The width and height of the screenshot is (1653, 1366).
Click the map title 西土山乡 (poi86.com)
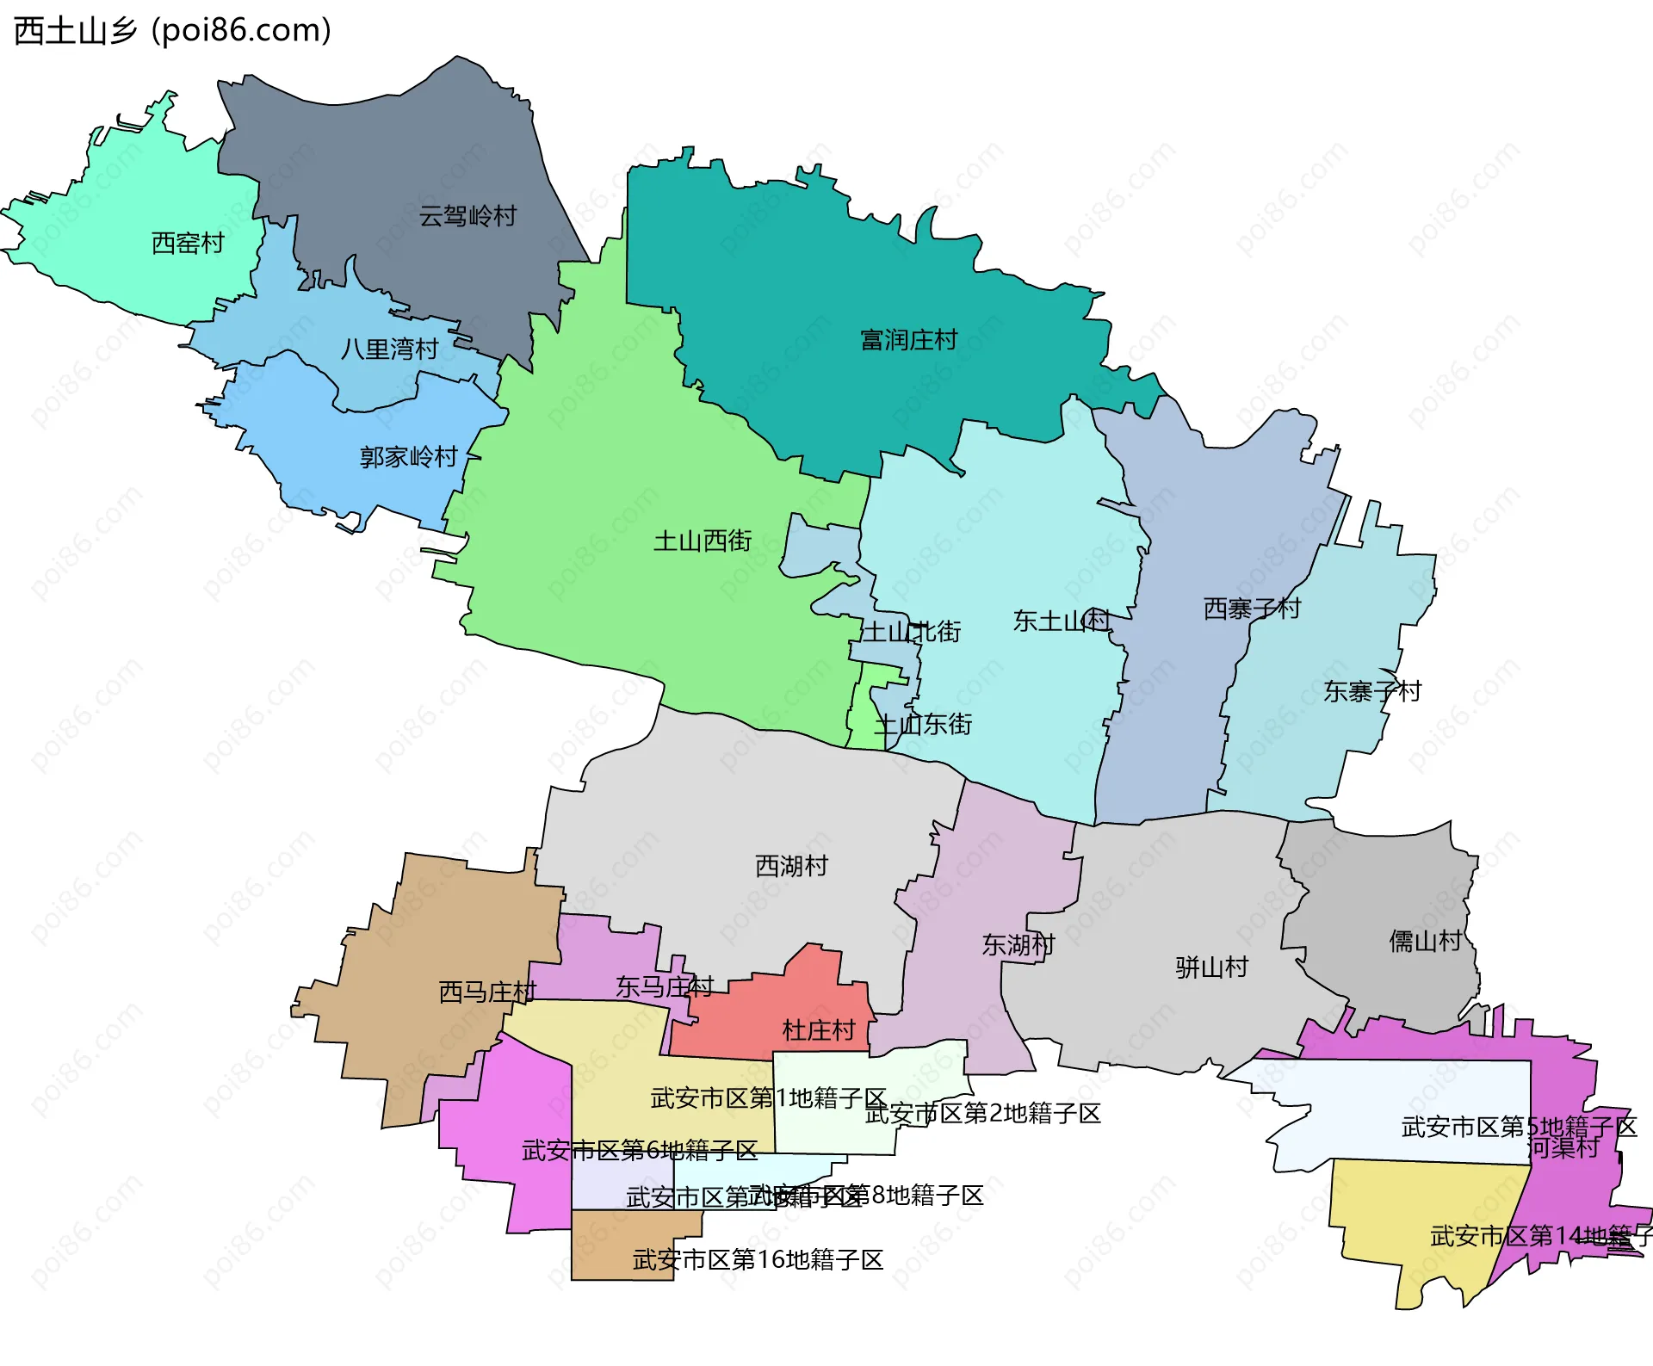(172, 31)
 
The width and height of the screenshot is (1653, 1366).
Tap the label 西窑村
(188, 244)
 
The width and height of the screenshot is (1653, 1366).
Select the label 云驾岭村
(467, 216)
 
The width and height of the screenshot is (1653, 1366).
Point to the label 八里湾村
(389, 349)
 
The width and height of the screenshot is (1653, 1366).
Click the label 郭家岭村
(408, 457)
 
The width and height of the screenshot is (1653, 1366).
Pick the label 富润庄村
(909, 340)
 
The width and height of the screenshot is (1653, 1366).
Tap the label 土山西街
(703, 541)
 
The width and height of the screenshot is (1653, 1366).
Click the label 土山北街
(911, 632)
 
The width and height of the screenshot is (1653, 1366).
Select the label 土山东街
(923, 725)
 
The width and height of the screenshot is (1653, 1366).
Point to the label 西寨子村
(1252, 609)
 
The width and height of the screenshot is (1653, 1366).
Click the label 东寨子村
(1372, 691)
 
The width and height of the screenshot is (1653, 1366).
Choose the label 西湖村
(791, 866)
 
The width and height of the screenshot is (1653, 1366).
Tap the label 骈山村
(1211, 967)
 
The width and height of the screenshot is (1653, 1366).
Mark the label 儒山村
(1425, 942)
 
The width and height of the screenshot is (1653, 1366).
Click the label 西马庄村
(487, 992)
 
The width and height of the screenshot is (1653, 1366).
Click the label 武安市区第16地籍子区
(758, 1260)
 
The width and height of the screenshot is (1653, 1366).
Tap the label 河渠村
(1563, 1148)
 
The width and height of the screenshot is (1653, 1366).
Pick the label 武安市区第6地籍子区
(639, 1151)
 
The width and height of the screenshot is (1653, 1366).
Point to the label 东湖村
(1018, 945)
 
